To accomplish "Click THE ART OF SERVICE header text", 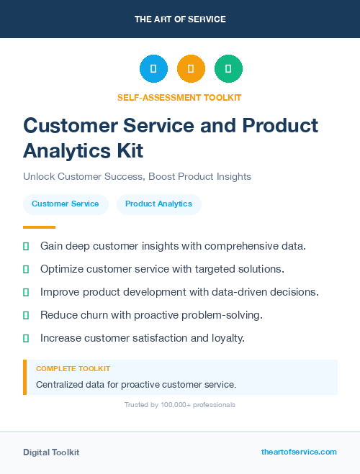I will (180, 19).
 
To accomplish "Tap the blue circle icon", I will (153, 69).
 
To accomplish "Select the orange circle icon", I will (191, 69).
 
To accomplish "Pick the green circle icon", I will (228, 69).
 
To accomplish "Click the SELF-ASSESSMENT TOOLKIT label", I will (179, 97).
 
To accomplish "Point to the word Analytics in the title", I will (63, 150).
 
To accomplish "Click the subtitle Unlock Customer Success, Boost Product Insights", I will (137, 176).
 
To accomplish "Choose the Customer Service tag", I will (66, 204).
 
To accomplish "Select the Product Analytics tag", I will (158, 204).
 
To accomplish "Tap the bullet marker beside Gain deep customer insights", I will (26, 246).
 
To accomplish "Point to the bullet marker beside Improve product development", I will (26, 292).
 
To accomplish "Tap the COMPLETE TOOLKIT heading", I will (73, 368).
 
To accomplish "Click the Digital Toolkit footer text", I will (51, 452).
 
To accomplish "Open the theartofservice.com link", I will (299, 452).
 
